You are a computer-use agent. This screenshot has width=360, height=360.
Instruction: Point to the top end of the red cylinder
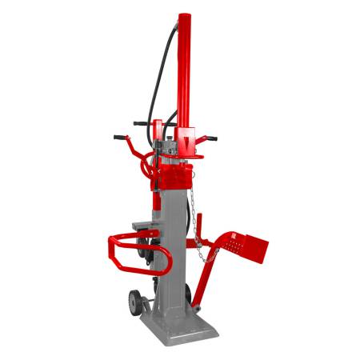(184, 15)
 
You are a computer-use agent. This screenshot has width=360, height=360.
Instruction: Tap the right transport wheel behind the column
(145, 248)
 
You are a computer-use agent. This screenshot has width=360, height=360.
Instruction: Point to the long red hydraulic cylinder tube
(184, 72)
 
